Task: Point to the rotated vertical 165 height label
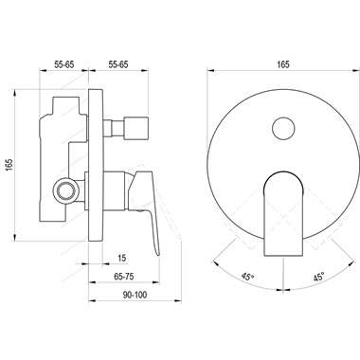(9, 167)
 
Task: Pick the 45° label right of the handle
(317, 277)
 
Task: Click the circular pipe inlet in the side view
(64, 189)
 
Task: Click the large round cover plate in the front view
(237, 161)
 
